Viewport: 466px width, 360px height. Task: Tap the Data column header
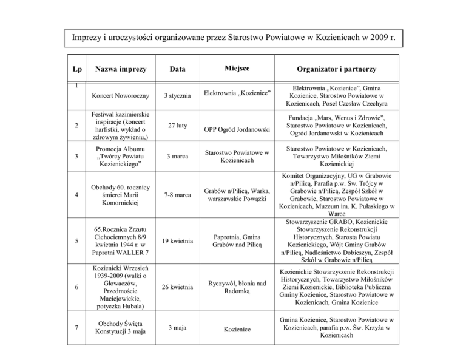[x=177, y=70]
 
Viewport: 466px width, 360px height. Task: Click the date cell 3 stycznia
[x=177, y=97]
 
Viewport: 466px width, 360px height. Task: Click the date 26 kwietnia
[x=177, y=288]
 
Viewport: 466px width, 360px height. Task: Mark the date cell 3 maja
[x=177, y=328]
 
